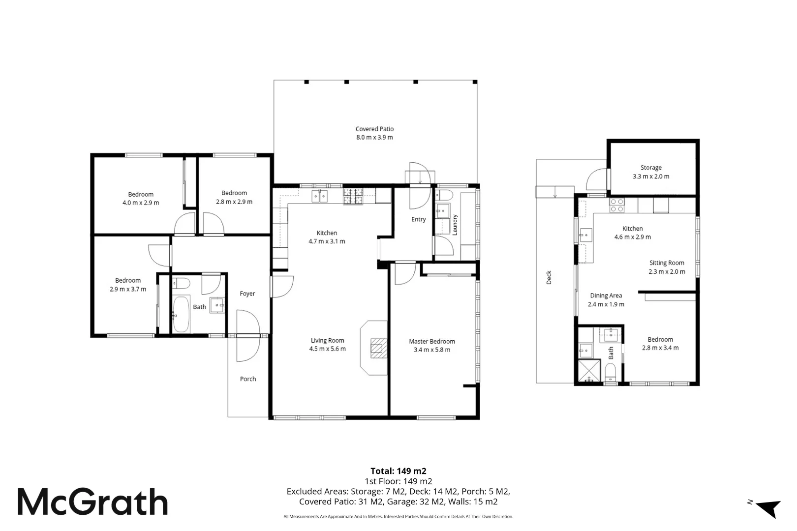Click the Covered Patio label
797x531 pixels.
click(374, 129)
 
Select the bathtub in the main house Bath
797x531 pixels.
click(181, 314)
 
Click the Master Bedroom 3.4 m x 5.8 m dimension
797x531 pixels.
click(432, 350)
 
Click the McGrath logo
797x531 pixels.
click(92, 501)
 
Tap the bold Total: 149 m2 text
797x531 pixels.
click(398, 471)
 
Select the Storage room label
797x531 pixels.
click(651, 168)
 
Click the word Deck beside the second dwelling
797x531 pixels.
click(549, 278)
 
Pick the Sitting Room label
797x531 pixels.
click(667, 263)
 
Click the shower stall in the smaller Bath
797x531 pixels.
click(589, 371)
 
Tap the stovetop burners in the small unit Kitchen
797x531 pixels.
click(617, 205)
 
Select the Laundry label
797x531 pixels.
click(455, 225)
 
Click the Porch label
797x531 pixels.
click(248, 379)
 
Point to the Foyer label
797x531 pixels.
click(247, 294)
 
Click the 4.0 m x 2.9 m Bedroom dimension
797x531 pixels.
click(141, 203)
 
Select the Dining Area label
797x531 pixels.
click(606, 295)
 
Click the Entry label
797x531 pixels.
click(418, 219)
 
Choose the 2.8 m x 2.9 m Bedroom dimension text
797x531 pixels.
click(234, 202)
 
